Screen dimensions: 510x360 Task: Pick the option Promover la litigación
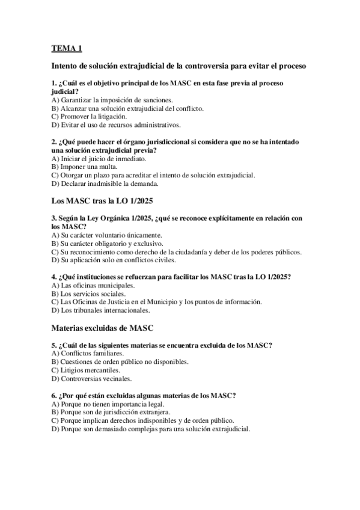(x=89, y=116)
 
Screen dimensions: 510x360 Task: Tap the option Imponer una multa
(x=84, y=167)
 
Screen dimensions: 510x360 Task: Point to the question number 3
(x=54, y=217)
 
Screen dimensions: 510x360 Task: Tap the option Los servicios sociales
(x=88, y=293)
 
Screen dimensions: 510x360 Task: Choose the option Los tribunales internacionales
(x=100, y=310)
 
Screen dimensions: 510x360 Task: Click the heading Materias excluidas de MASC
(x=103, y=328)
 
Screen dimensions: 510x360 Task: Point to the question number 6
(x=54, y=395)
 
